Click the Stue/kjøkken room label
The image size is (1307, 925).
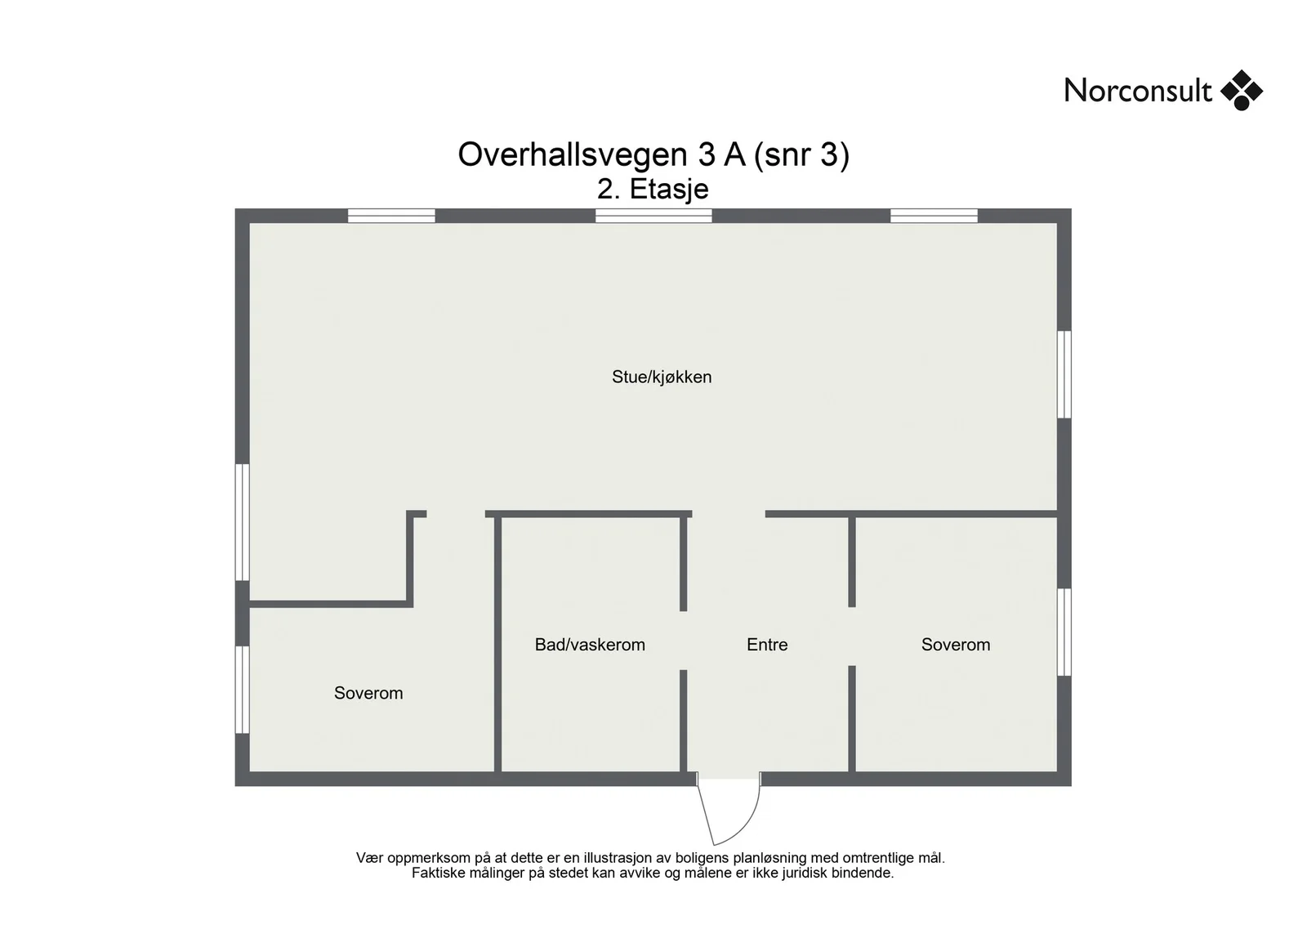[x=662, y=377]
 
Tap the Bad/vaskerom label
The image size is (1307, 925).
[x=590, y=644]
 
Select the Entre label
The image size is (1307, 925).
[x=767, y=644]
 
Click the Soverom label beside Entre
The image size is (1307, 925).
[x=956, y=644]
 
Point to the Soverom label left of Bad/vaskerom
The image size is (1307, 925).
[x=368, y=693]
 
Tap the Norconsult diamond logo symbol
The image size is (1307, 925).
[x=1242, y=91]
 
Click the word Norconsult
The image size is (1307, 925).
[x=1138, y=91]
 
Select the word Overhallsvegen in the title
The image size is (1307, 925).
[x=573, y=155]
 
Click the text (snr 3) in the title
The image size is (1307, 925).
[x=801, y=155]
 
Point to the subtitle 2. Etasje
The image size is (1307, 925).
[x=653, y=189]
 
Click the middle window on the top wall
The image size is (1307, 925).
[x=653, y=216]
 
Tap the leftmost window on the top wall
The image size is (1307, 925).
[x=391, y=216]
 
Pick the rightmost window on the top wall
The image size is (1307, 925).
[x=935, y=216]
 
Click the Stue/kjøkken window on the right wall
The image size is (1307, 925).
[x=1064, y=375]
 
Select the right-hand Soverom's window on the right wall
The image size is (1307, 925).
[x=1064, y=632]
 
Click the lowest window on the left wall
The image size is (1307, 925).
[x=242, y=689]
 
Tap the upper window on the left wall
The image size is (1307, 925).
[x=242, y=522]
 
